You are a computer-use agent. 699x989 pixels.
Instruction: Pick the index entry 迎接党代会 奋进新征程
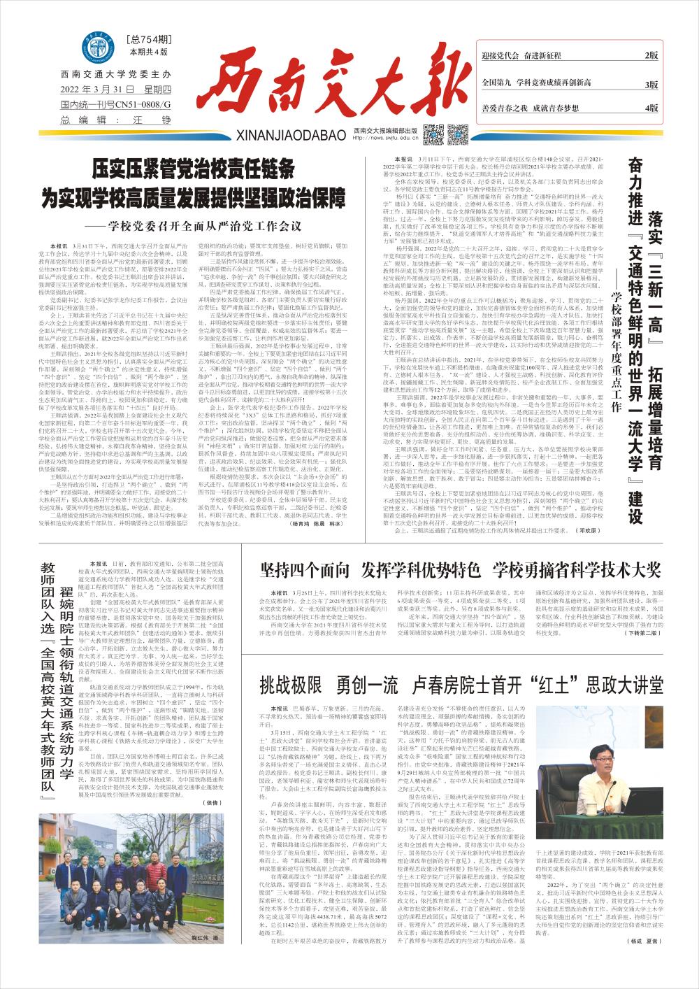[526, 55]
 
